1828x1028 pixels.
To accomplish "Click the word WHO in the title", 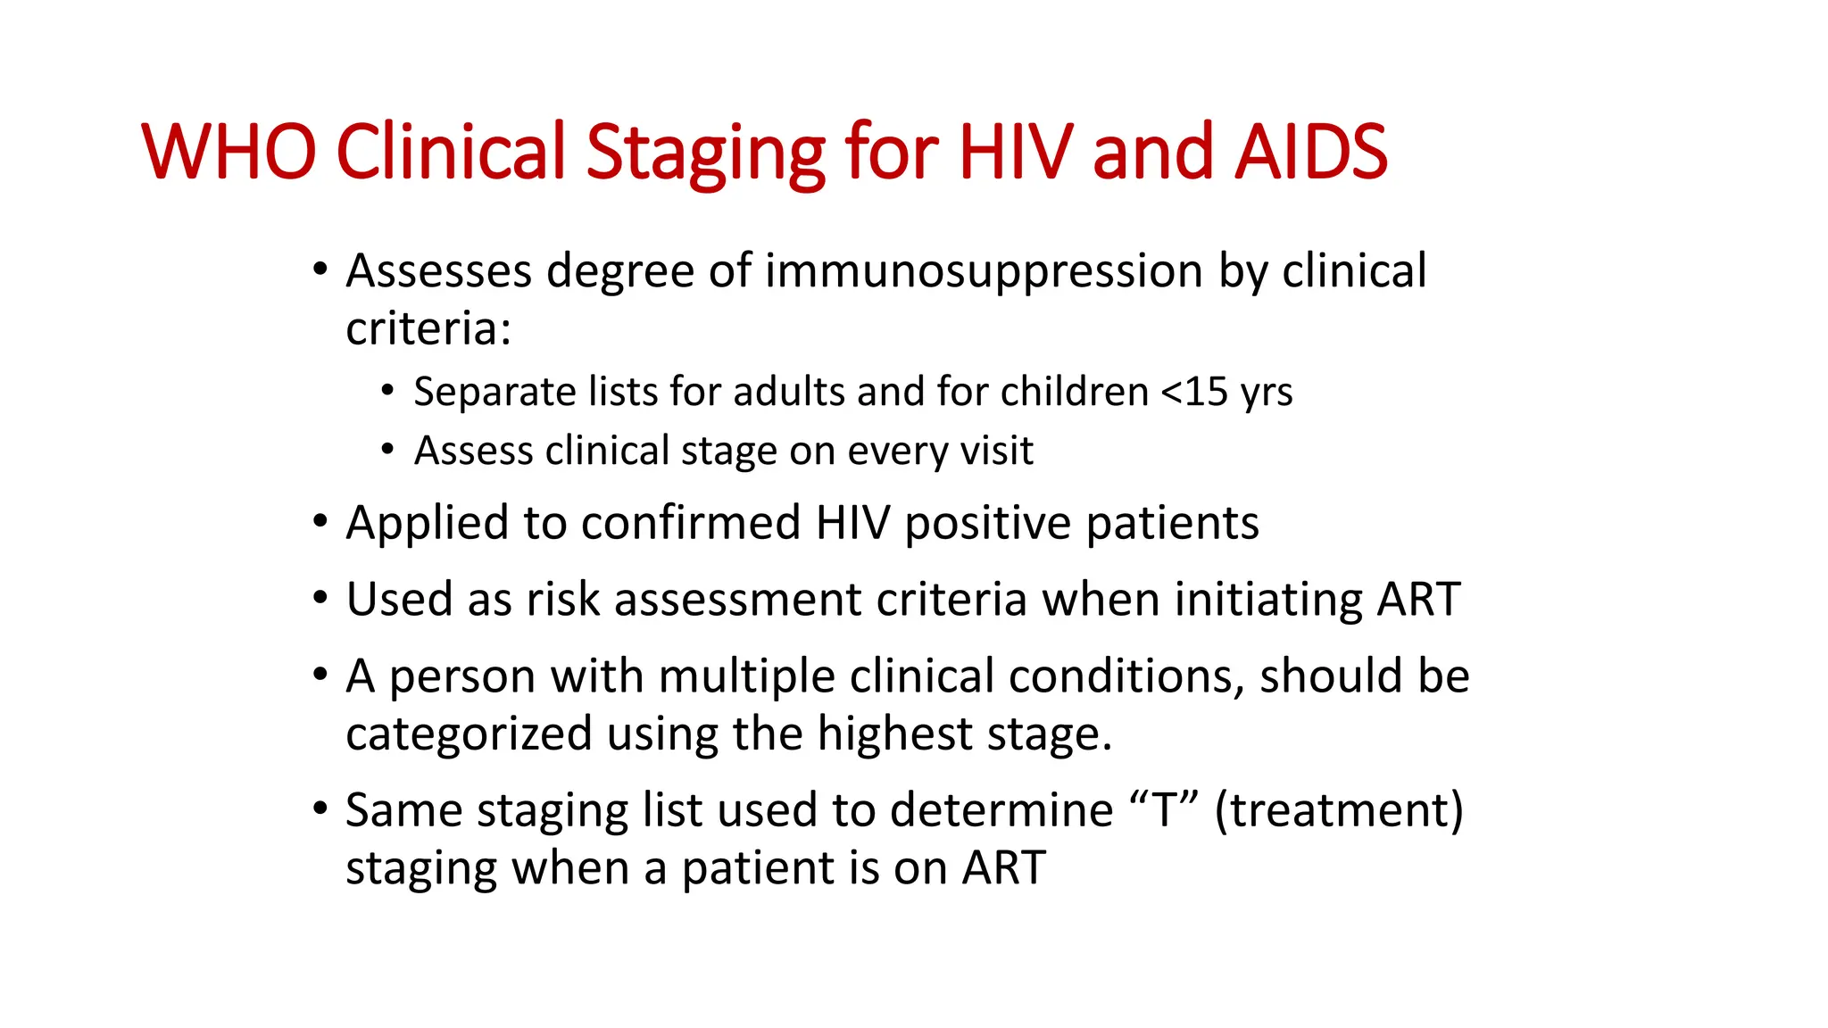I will coord(228,152).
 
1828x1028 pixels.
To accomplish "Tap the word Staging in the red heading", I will coord(705,153).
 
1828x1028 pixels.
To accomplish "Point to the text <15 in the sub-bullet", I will coord(1194,392).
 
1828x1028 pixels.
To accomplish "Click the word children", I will coord(1074,392).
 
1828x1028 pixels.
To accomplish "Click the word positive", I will coord(987,525).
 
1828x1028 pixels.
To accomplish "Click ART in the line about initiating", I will coord(1418,599).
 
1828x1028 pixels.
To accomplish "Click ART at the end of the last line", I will coord(1003,868).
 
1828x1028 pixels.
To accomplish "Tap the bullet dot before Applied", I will coord(320,521).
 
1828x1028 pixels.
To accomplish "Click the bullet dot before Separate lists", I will coord(386,390).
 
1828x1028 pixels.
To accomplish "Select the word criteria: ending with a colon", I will coord(428,328).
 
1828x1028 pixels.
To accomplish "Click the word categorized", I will coord(469,734).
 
